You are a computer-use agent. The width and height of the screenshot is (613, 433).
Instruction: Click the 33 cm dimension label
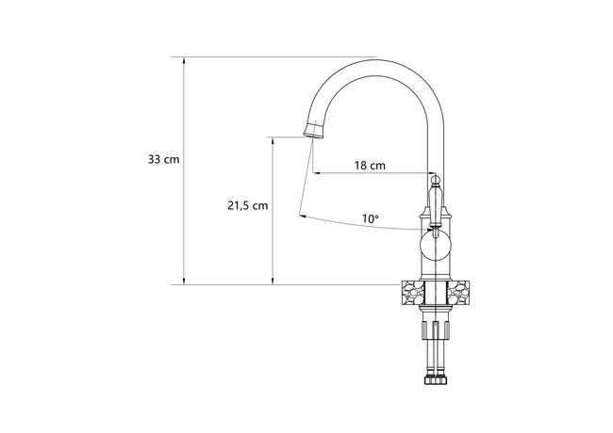point(163,159)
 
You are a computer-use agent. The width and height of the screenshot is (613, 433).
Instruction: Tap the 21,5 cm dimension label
point(248,205)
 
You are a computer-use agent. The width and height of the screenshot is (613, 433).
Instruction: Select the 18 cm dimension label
point(370,166)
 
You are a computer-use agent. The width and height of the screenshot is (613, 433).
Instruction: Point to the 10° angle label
point(371,218)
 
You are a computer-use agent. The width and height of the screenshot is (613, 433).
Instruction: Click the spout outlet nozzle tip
point(314,130)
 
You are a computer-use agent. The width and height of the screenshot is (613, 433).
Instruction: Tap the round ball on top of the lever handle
point(435,180)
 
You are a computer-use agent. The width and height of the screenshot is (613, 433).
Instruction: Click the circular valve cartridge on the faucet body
point(435,246)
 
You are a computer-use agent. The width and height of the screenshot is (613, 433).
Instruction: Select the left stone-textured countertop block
point(412,293)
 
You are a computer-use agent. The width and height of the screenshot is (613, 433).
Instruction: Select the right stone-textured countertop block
point(458,293)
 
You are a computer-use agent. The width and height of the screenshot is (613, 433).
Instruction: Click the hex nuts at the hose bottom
point(436,380)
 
